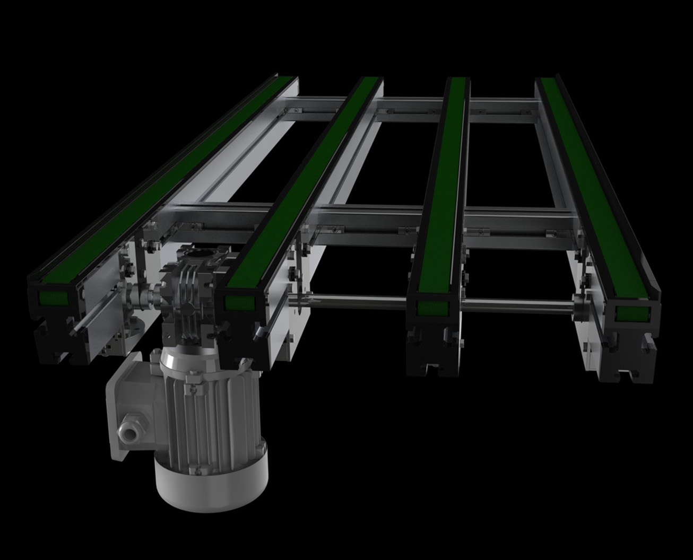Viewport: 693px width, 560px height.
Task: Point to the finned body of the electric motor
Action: pos(212,408)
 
